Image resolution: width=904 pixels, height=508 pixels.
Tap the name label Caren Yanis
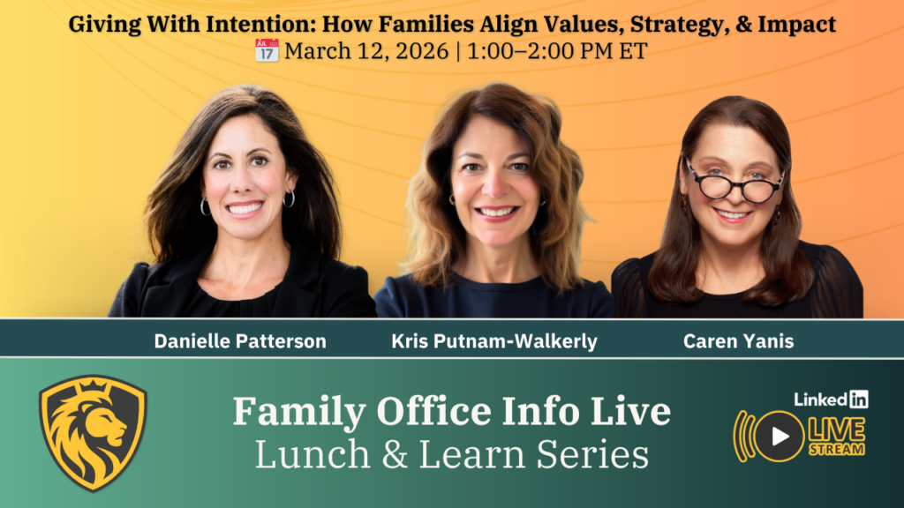point(738,341)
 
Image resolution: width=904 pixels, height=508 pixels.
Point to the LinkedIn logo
point(831,399)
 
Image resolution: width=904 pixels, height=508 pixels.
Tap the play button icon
point(780,436)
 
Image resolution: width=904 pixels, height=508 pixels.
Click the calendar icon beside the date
point(267,50)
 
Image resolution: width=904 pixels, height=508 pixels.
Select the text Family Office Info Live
point(451,412)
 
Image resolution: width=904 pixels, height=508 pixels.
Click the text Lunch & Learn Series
point(451,454)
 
